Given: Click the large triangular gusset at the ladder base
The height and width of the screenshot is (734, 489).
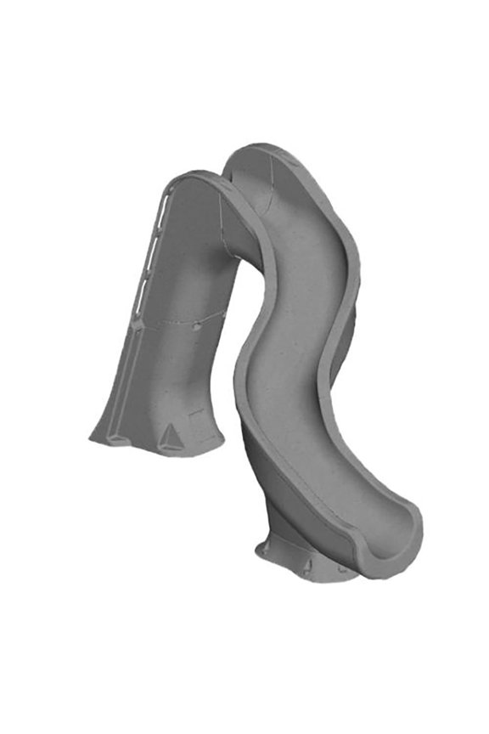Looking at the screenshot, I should (x=170, y=436).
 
